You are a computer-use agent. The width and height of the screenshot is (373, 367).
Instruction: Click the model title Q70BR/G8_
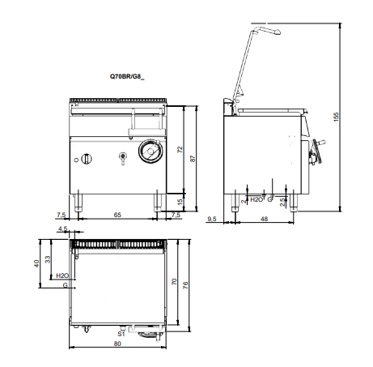[x=127, y=77]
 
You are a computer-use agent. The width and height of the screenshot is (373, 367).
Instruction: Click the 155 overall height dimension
[x=336, y=117]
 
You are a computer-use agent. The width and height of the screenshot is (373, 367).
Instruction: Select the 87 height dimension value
[x=193, y=159]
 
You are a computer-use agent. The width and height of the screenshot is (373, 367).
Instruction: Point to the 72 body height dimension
[x=180, y=150]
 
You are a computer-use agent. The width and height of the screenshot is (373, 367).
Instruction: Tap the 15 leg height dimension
[x=180, y=202]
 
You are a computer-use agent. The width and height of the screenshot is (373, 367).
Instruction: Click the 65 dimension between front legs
[x=117, y=215]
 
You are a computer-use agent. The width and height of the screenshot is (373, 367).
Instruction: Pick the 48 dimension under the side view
[x=265, y=219]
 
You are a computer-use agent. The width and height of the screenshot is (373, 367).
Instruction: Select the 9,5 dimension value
[x=212, y=219]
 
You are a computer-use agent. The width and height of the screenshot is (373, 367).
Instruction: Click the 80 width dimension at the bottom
[x=117, y=344]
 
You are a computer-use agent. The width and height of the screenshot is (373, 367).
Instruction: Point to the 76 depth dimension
[x=185, y=285]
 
